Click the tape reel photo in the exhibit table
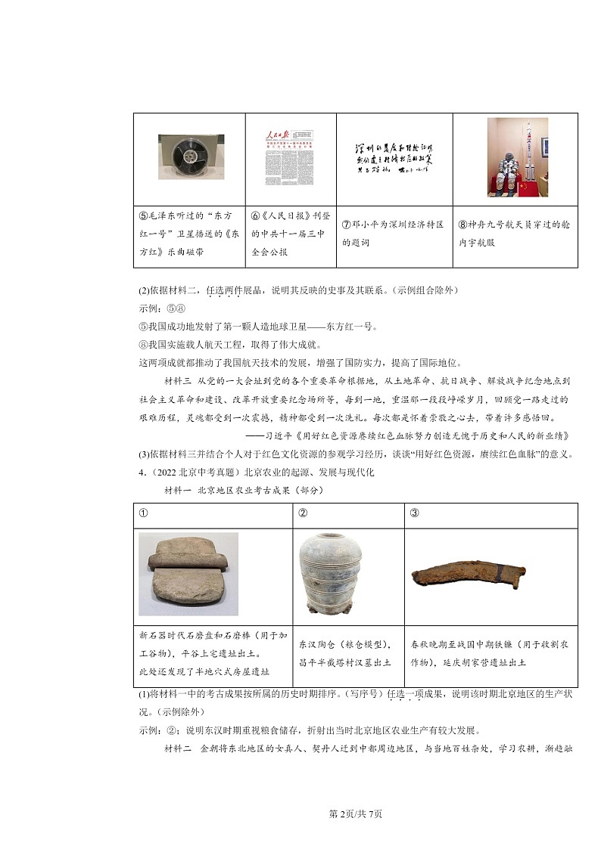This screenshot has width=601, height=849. point(191,156)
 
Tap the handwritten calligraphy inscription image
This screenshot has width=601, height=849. point(394,158)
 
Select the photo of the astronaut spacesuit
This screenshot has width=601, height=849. point(517,156)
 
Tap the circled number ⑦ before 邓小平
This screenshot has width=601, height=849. point(347,225)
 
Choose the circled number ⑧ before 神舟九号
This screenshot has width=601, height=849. point(463,225)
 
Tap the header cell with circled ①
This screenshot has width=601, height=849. point(143,515)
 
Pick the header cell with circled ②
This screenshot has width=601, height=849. point(303,515)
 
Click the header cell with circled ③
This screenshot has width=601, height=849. point(414,515)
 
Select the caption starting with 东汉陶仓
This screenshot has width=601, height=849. point(344,652)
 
